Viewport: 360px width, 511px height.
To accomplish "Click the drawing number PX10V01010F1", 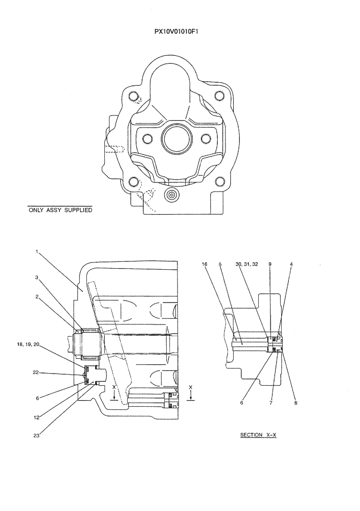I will (179, 31).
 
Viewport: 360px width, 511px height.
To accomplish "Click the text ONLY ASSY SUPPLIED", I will (60, 210).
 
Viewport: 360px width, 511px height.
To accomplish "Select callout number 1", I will (37, 251).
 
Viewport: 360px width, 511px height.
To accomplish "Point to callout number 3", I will (37, 277).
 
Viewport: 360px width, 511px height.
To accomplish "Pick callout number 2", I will (37, 296).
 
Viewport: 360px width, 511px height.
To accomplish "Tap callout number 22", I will (36, 373).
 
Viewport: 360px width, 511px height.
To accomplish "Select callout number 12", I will (37, 417).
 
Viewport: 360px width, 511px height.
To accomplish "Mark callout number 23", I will (37, 436).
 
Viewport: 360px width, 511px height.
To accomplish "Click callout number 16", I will (205, 264).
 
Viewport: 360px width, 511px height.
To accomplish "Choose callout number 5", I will (220, 264).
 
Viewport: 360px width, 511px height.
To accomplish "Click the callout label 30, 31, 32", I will (247, 264).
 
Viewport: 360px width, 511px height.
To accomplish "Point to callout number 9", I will (269, 264).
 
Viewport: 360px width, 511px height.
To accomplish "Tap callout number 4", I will (291, 264).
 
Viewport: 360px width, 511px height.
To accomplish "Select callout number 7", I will (271, 403).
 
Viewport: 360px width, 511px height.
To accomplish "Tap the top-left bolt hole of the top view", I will (134, 96).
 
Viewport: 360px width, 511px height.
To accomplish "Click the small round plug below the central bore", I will (171, 195).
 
